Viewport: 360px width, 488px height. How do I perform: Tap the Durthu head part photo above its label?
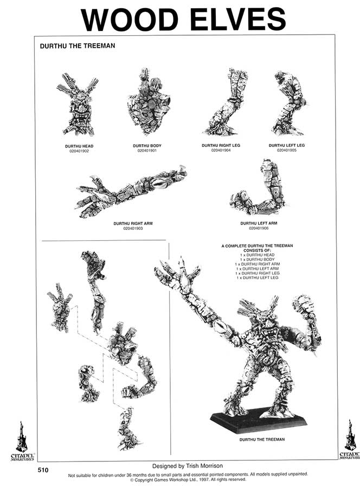tap(78, 104)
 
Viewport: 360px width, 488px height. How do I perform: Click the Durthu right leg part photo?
tap(224, 102)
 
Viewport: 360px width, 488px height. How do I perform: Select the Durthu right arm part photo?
tap(131, 191)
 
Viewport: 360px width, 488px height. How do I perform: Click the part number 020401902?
tap(79, 151)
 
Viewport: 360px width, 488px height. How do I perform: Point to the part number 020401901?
tap(147, 151)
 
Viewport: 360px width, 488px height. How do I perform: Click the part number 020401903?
tap(133, 228)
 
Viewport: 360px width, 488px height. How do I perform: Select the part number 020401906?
tap(259, 228)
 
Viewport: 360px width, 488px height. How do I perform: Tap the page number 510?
tap(44, 470)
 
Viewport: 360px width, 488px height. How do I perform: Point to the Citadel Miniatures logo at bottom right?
tap(349, 440)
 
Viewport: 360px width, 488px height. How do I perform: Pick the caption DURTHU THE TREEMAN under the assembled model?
tap(262, 439)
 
